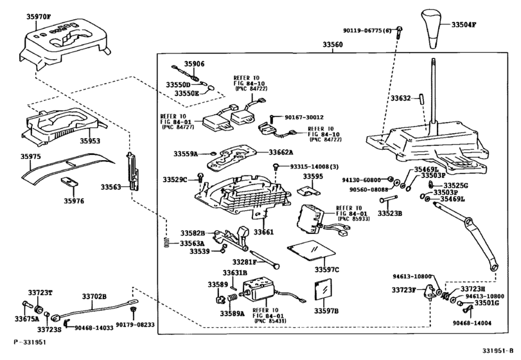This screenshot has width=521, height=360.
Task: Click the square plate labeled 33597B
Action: pyautogui.click(x=322, y=291)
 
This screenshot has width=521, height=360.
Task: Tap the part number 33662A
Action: pyautogui.click(x=279, y=152)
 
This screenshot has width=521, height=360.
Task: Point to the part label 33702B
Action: pyautogui.click(x=94, y=296)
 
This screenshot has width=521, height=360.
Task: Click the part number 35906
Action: pyautogui.click(x=194, y=64)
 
